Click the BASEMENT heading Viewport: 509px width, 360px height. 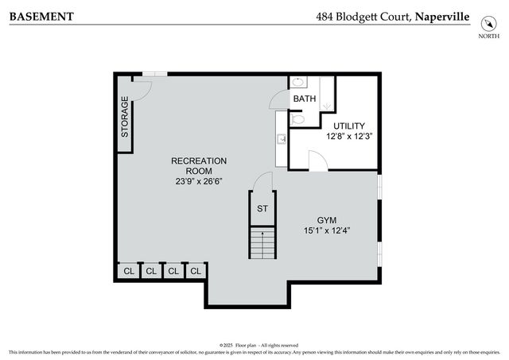[x=42, y=16]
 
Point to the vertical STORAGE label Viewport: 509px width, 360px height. [x=125, y=117]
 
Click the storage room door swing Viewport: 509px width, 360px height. [x=140, y=87]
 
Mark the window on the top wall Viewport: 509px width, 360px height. [x=154, y=75]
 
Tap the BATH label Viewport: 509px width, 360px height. [x=305, y=99]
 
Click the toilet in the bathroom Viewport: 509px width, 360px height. [x=297, y=119]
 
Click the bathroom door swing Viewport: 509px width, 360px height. [x=279, y=99]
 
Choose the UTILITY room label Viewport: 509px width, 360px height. [x=348, y=126]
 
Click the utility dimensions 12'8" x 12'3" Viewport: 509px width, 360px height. [x=348, y=136]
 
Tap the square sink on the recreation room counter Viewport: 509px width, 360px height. [x=282, y=139]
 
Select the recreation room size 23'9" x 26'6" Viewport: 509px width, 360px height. [x=199, y=180]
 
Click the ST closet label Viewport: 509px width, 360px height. [x=262, y=209]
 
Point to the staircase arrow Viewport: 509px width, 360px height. [x=262, y=242]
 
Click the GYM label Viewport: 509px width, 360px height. [x=327, y=219]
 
